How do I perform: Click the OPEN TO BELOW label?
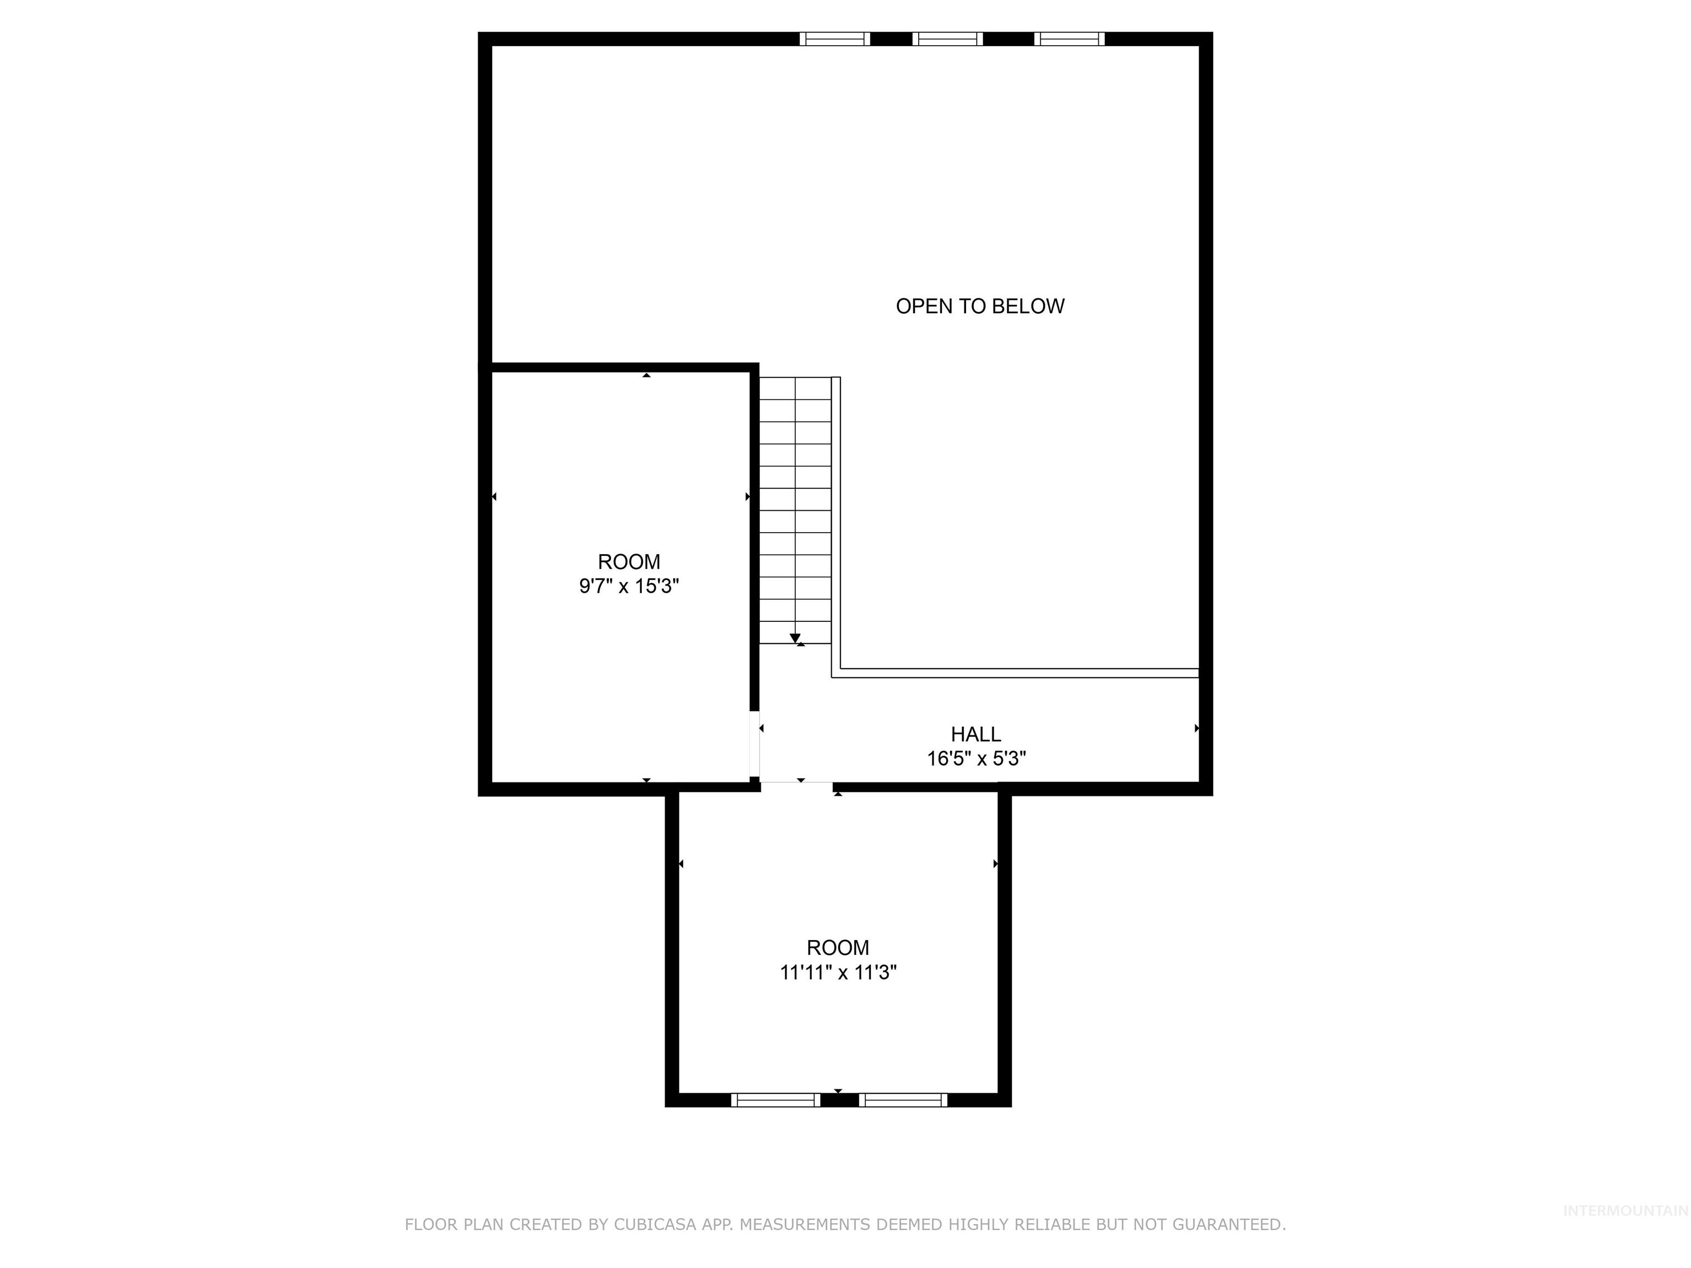click(979, 307)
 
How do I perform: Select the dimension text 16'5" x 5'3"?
click(975, 759)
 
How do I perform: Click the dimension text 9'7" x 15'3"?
click(629, 586)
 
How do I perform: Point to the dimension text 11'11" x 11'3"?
click(837, 972)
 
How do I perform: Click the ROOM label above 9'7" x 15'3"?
click(629, 562)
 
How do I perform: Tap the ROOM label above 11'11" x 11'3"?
click(837, 948)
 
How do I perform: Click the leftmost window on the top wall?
click(835, 39)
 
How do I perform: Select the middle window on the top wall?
click(947, 39)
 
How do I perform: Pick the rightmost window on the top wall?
click(1069, 39)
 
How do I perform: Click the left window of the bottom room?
click(775, 1100)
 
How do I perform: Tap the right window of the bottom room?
click(903, 1100)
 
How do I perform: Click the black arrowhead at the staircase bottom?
click(795, 638)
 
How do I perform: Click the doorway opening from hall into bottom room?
click(796, 784)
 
